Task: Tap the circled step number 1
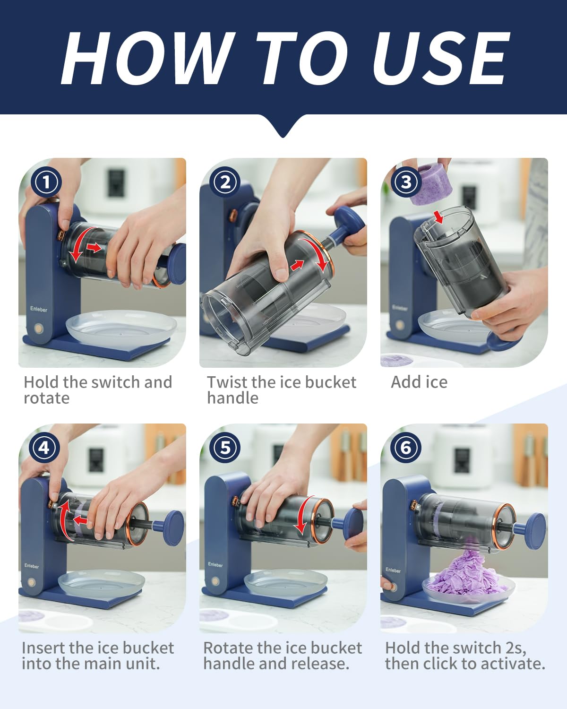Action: (x=46, y=182)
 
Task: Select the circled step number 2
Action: (x=225, y=182)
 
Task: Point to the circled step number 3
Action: (x=406, y=182)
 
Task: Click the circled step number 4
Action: (x=44, y=448)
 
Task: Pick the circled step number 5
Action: (x=225, y=448)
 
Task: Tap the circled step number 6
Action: (x=406, y=448)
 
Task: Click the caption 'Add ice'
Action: (x=419, y=382)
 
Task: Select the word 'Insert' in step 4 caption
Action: (x=43, y=648)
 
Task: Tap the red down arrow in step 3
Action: (x=439, y=217)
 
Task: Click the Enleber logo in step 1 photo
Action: (x=39, y=309)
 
